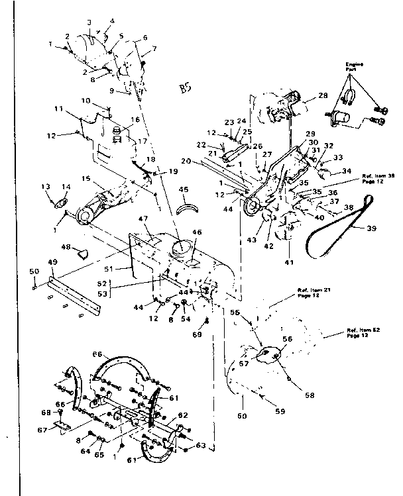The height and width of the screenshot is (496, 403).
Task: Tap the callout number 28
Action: [x=323, y=96]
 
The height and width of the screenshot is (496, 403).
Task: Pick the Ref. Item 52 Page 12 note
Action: [x=361, y=332]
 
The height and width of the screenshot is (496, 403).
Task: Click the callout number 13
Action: [x=46, y=186]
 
